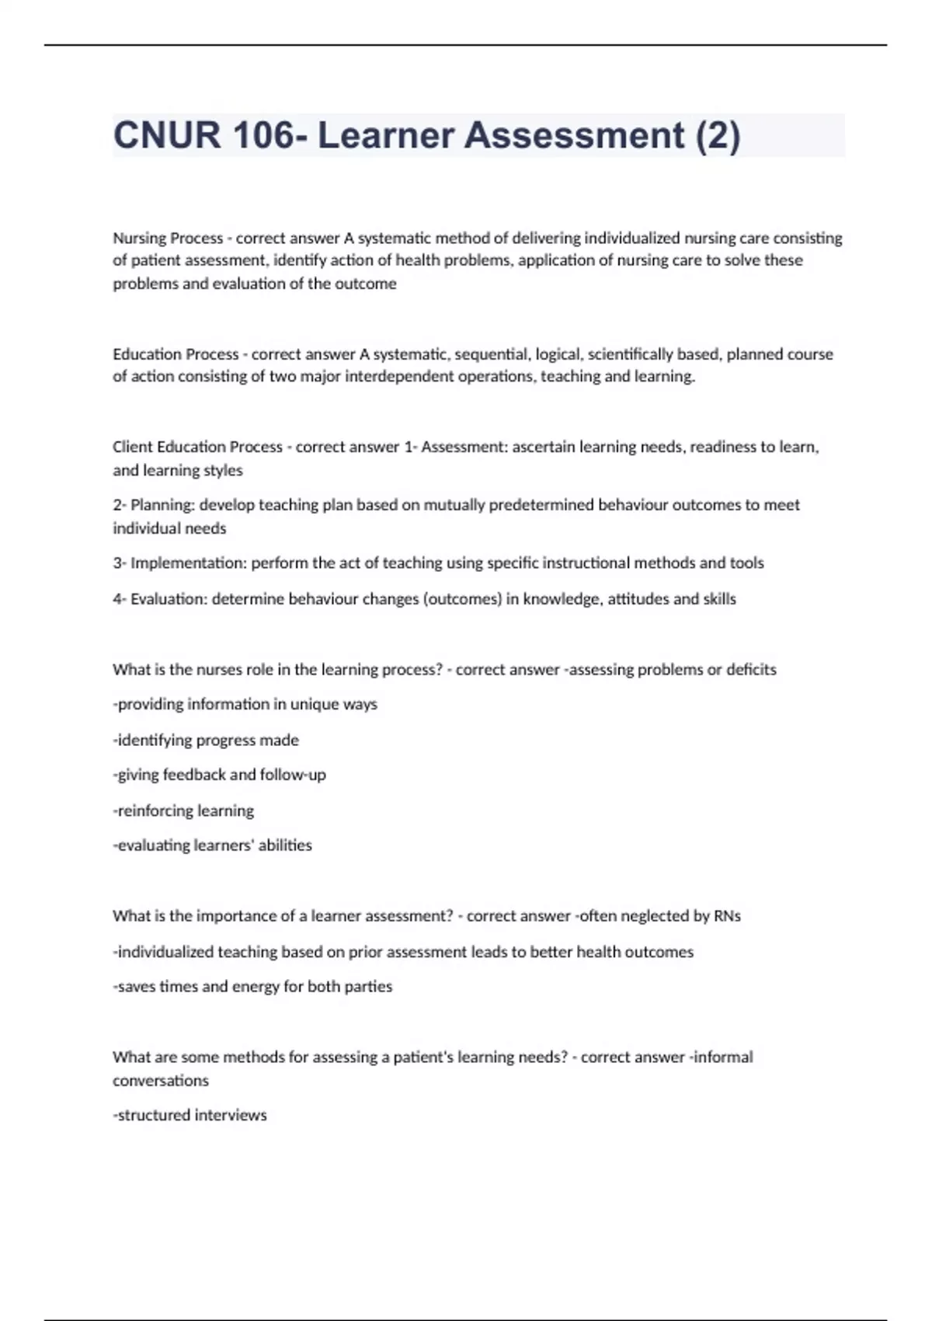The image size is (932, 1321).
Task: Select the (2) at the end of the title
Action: click(x=718, y=135)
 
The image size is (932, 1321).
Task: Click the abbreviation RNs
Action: click(x=727, y=916)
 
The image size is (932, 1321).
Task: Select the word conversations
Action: click(x=161, y=1081)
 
